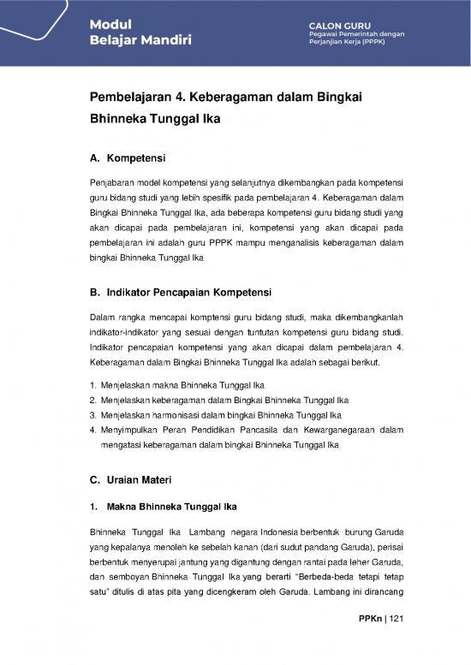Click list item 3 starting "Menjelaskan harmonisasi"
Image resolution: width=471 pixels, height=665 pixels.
[197, 415]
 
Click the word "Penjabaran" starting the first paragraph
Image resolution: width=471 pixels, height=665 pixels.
[111, 184]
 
